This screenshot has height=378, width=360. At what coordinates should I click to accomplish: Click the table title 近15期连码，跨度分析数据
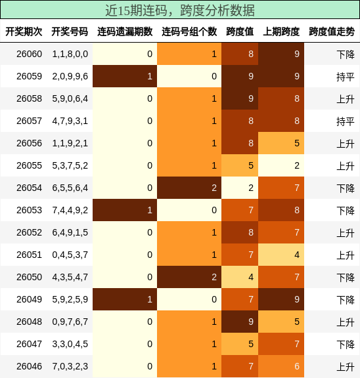180,10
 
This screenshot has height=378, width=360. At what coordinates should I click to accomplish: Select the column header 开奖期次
24,31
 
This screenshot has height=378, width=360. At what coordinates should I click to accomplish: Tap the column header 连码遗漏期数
125,31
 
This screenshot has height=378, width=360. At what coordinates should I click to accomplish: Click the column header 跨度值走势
332,31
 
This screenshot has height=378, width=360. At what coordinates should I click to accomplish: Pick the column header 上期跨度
281,31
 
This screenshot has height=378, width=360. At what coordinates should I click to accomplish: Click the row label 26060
29,54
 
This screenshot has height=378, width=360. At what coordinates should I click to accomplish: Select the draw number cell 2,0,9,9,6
70,76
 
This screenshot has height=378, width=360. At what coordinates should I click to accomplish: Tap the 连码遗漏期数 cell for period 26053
125,210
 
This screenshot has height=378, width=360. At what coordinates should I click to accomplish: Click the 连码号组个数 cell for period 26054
190,188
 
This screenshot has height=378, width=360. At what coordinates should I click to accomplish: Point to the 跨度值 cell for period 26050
240,277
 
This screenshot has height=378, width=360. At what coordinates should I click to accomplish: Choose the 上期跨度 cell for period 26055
281,165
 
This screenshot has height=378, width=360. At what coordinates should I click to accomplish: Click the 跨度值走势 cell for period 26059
332,76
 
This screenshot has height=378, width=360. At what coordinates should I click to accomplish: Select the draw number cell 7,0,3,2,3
70,366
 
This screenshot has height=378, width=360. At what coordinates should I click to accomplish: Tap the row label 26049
29,299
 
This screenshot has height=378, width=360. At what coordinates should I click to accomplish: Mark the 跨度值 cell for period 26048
240,322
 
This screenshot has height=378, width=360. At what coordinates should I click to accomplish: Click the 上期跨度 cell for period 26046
281,366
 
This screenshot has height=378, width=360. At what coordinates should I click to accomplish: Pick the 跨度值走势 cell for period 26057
332,121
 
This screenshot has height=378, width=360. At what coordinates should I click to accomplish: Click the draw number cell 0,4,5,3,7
70,255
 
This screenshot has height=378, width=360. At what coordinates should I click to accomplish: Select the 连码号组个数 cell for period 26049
190,299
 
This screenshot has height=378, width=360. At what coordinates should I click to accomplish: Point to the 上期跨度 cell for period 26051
281,255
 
